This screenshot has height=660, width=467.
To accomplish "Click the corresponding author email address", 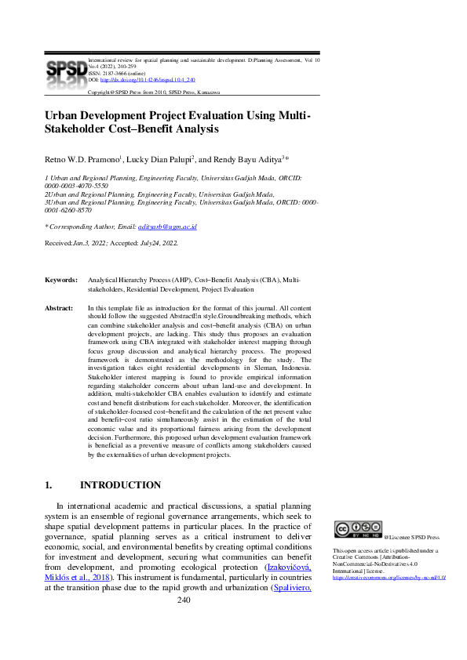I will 167,227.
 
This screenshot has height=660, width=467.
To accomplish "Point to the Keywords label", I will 60,279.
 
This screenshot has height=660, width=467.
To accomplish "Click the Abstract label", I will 59,309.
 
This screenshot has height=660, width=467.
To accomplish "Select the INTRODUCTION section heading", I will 120,485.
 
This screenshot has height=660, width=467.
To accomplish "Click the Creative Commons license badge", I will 357,529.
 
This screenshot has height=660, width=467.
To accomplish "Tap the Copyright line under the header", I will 153,92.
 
